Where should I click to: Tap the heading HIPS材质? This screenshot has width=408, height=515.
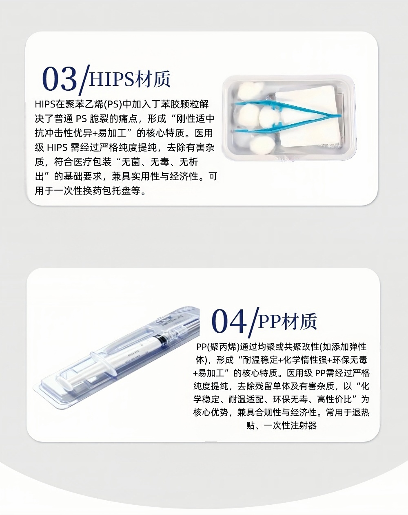pyautogui.click(x=130, y=79)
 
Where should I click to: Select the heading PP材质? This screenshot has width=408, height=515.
pyautogui.click(x=288, y=322)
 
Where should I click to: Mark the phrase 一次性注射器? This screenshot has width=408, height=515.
pyautogui.click(x=290, y=425)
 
